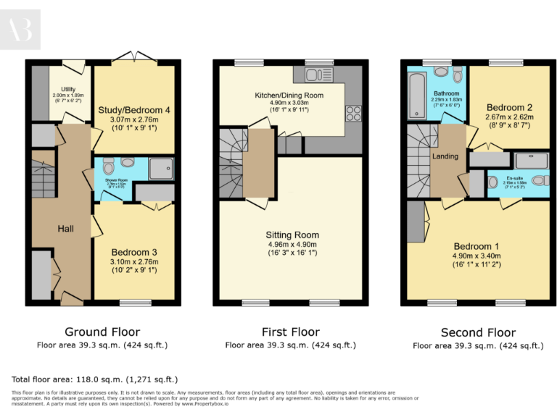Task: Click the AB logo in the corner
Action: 20,30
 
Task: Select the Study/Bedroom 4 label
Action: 134,110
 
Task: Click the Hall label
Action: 66,229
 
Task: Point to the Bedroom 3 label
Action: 134,253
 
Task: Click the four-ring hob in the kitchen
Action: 353,113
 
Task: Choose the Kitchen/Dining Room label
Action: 289,96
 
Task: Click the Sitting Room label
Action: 292,235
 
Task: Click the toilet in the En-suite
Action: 537,180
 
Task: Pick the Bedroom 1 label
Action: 476,245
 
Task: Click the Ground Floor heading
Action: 102,332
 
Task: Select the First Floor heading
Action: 290,332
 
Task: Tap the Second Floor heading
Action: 478,333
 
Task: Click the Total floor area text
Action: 95,379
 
